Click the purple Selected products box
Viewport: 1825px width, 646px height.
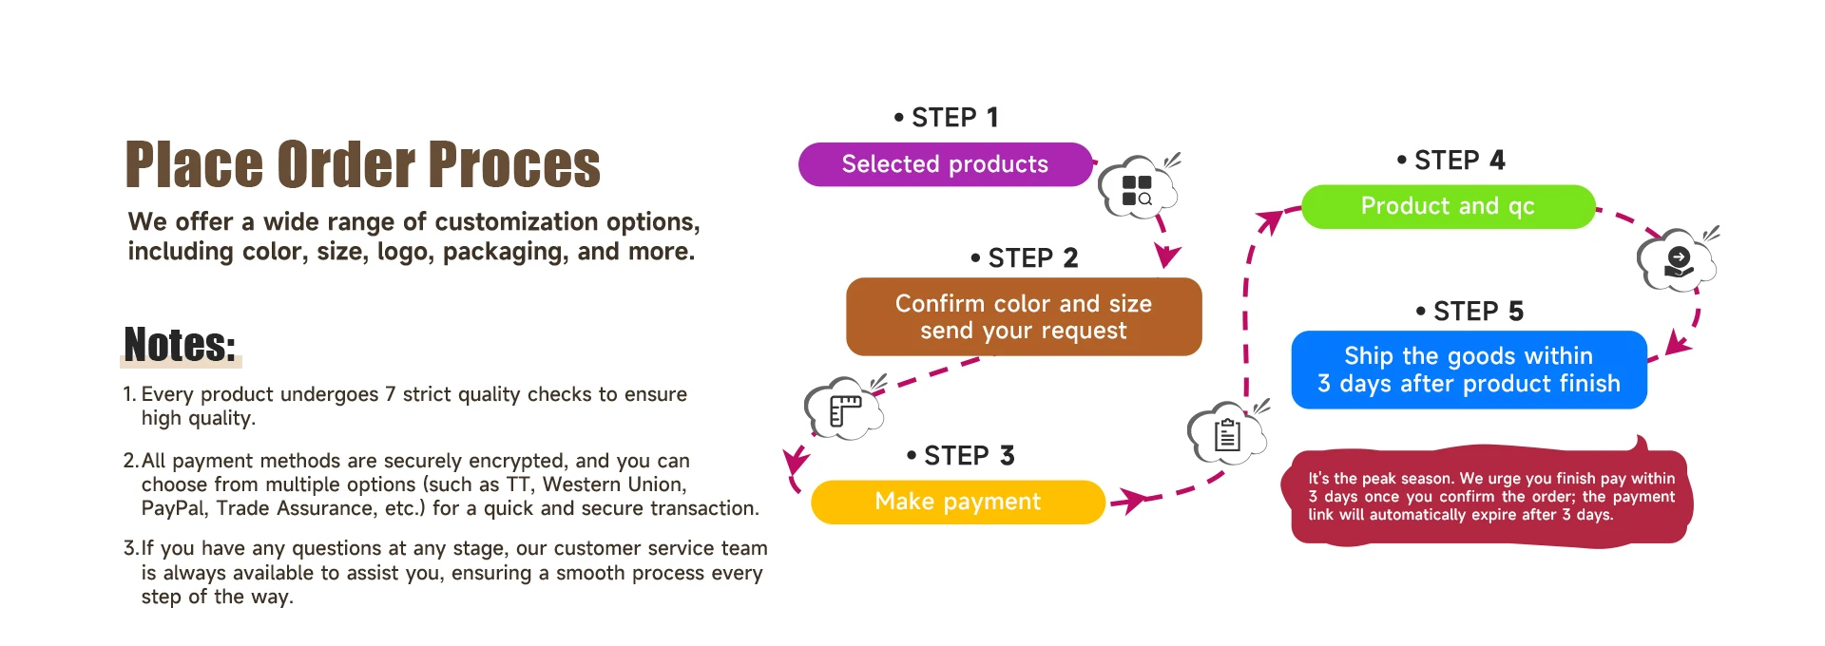[945, 164]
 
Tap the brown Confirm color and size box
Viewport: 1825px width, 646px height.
[1023, 316]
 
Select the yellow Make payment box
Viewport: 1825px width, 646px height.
[957, 502]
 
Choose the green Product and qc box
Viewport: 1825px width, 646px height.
[1447, 206]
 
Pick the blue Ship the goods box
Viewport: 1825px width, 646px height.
[1468, 370]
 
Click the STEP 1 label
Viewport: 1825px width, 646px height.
[947, 118]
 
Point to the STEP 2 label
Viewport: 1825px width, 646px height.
[1025, 258]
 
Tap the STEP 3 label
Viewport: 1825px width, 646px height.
[961, 456]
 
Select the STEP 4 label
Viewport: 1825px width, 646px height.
[1451, 161]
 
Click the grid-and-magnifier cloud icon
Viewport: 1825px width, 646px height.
[1137, 189]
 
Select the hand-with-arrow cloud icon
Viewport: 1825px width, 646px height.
[1678, 261]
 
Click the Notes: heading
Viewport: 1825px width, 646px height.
[180, 345]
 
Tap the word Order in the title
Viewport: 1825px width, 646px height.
[345, 165]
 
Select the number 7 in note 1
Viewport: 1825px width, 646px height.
[390, 394]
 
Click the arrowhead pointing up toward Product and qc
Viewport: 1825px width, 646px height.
[1269, 222]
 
